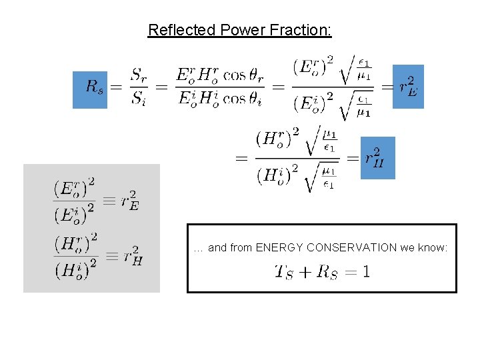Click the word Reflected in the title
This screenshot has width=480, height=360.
click(x=177, y=30)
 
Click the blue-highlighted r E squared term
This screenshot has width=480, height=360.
click(x=407, y=87)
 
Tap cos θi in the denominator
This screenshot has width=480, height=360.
click(x=243, y=99)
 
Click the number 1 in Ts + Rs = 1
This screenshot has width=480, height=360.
click(x=366, y=272)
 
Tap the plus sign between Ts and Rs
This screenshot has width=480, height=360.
click(x=304, y=272)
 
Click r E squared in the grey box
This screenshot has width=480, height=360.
click(x=129, y=201)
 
